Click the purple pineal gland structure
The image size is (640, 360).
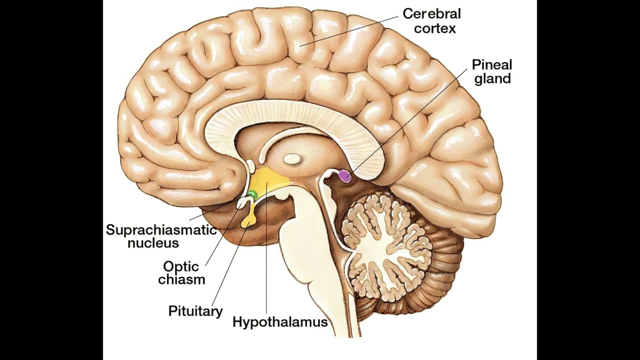[344, 175]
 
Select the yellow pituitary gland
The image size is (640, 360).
[247, 219]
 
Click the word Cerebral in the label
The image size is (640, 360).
[431, 13]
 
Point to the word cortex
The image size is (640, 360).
[435, 28]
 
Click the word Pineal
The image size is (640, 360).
[492, 64]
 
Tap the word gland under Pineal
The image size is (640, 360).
[492, 78]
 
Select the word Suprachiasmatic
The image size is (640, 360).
[161, 230]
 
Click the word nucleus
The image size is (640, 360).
[153, 243]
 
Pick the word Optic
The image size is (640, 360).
[180, 266]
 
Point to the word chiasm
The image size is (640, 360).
[181, 279]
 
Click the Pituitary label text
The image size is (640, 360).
[195, 311]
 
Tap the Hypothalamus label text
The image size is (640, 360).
[280, 321]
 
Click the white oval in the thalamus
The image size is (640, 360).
[291, 159]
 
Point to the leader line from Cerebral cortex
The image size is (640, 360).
[350, 30]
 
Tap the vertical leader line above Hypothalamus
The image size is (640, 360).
[266, 250]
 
